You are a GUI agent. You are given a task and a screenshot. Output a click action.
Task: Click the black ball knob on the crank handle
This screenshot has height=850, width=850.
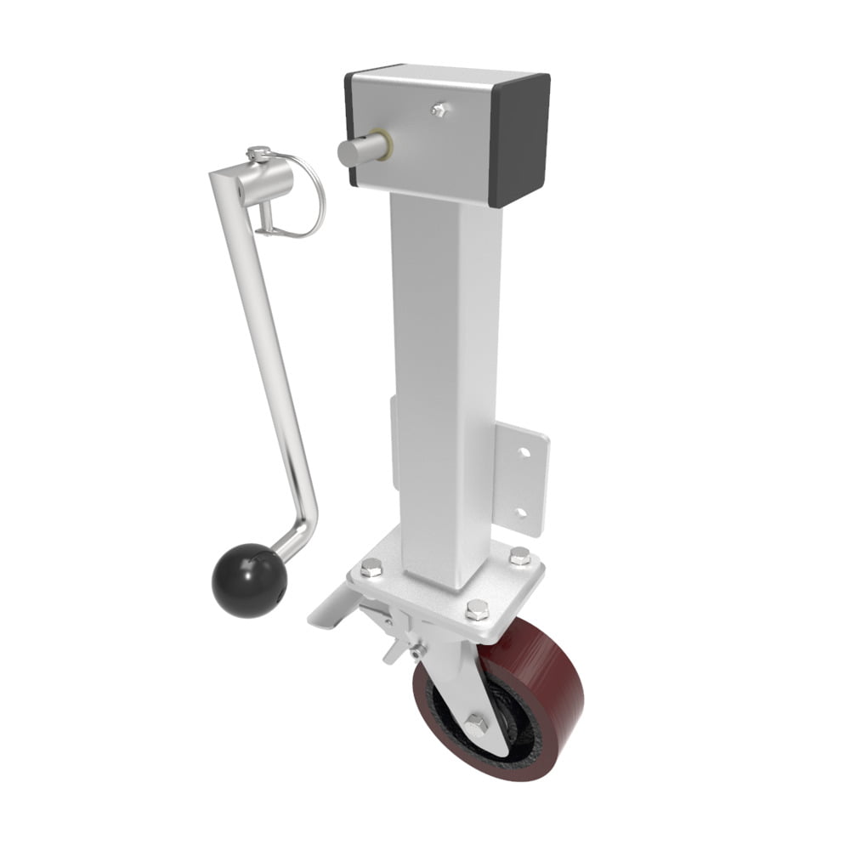coord(248,582)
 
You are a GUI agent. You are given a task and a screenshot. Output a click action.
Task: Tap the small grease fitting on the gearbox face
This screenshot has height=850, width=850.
coord(439,109)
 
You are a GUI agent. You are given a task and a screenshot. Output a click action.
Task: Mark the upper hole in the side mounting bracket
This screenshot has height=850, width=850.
coord(524,452)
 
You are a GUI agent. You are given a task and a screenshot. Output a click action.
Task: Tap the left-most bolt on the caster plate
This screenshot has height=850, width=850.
coord(371,568)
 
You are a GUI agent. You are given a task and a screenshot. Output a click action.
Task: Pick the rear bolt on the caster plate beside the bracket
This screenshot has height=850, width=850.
coord(519,557)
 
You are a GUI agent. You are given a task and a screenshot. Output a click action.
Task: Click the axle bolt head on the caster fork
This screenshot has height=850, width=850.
coord(474,723)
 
